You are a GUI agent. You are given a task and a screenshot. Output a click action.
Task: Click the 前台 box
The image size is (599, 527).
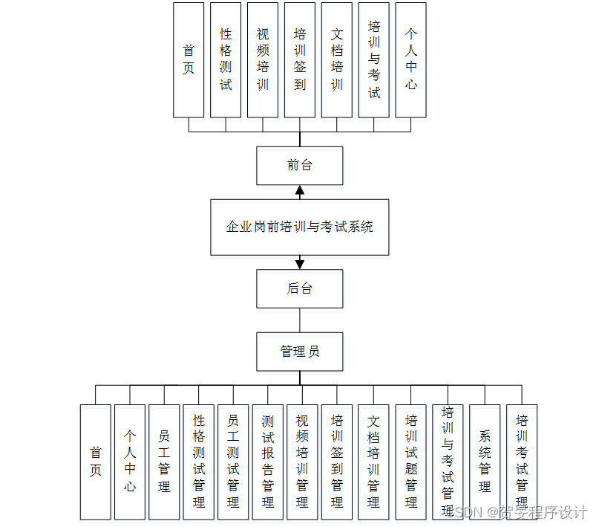pyautogui.click(x=299, y=165)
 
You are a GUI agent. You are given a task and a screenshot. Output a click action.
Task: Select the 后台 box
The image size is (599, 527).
pyautogui.click(x=299, y=288)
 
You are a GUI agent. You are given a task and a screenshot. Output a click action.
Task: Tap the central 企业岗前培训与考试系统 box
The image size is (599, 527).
pyautogui.click(x=299, y=227)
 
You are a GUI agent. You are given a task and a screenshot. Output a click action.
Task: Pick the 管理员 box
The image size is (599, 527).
pyautogui.click(x=299, y=351)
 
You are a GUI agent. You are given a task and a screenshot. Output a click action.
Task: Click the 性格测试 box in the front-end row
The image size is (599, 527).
pyautogui.click(x=226, y=59)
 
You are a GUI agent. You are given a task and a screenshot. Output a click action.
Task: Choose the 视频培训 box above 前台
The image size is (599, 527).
pyautogui.click(x=263, y=59)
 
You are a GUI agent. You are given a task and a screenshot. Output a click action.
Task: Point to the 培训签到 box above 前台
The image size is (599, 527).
pyautogui.click(x=300, y=59)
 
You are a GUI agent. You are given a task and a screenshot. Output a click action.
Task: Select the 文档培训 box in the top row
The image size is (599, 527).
pyautogui.click(x=337, y=59)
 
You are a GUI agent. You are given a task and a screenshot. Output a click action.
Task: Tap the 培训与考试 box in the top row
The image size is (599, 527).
pyautogui.click(x=374, y=59)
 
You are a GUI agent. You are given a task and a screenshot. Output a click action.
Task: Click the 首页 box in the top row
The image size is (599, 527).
pyautogui.click(x=189, y=59)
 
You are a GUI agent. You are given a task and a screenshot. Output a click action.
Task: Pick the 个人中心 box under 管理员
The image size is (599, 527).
pyautogui.click(x=130, y=462)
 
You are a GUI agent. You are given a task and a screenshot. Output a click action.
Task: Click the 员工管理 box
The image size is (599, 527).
pyautogui.click(x=164, y=462)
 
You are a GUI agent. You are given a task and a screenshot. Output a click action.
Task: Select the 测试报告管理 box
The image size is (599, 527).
pyautogui.click(x=268, y=462)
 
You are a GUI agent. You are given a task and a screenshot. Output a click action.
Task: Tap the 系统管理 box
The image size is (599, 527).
pyautogui.click(x=485, y=462)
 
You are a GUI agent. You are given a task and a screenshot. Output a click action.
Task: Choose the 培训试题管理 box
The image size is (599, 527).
pyautogui.click(x=411, y=462)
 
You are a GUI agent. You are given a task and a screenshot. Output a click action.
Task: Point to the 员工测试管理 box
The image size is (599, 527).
pyautogui.click(x=233, y=462)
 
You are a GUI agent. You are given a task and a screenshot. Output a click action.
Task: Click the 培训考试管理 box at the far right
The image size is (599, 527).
pyautogui.click(x=522, y=462)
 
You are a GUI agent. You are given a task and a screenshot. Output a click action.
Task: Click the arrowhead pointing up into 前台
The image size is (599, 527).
pyautogui.click(x=300, y=191)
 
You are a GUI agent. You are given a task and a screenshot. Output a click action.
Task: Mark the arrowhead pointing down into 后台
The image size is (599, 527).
pyautogui.click(x=300, y=263)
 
